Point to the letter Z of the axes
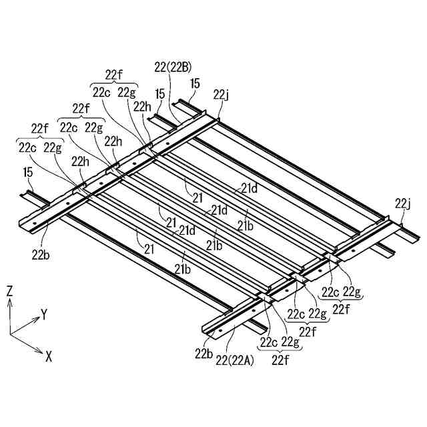coord(10,290)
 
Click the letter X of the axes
coord(48,357)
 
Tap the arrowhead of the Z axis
coord(10,302)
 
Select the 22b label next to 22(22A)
coord(203,353)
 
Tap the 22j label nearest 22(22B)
coord(221,94)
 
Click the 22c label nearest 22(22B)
coord(101,92)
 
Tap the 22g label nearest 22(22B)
coord(127,92)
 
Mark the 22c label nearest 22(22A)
coord(269,342)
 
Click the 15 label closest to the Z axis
coord(28,173)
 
